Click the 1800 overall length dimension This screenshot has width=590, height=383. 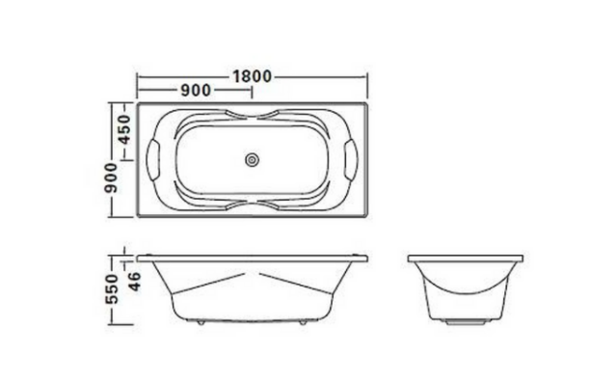pos(251,76)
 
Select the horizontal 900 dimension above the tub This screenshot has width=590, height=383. pos(195,91)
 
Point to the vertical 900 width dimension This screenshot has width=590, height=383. pos(112,178)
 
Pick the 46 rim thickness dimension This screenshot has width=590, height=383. pos(135,281)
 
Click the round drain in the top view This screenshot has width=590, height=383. pos(253,160)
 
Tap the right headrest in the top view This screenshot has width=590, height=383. pos(351,158)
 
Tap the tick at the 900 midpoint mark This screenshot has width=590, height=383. pos(253,91)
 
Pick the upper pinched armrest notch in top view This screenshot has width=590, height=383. pos(253,117)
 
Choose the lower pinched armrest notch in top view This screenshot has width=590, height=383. pos(253,205)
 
